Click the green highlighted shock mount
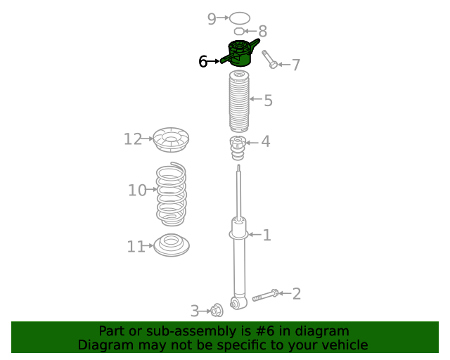pos(240,53)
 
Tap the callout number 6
pos(203,61)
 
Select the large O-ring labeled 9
pos(240,18)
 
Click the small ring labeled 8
pos(239,31)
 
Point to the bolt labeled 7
pos(269,60)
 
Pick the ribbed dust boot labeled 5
pos(239,101)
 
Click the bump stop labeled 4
pos(238,148)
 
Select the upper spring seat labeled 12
pos(171,140)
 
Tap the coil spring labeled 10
pos(171,194)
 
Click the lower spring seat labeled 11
pos(172,245)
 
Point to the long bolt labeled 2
pos(266,295)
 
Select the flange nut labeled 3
pos(217,310)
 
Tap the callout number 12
pos(133,139)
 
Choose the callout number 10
pos(137,191)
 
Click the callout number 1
pos(267,235)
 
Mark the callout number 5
pos(268,101)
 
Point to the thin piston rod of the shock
pos(238,192)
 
